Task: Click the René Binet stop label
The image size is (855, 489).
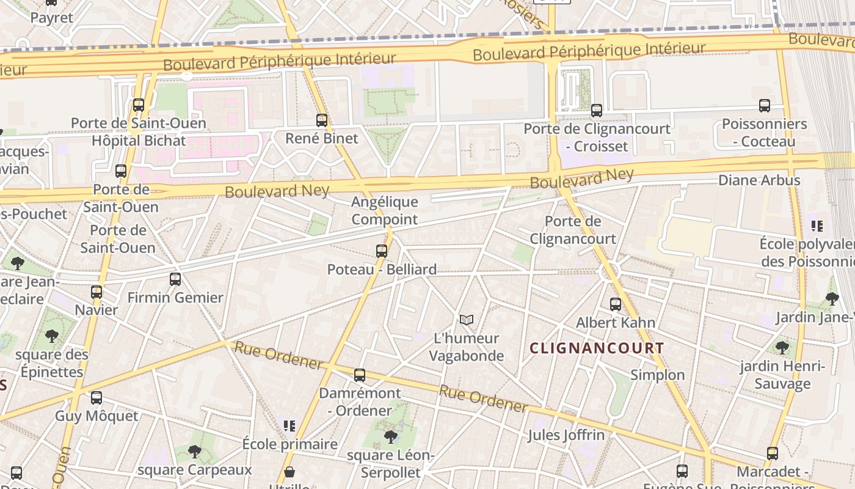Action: click(322, 138)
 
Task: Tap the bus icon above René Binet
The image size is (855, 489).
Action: click(322, 120)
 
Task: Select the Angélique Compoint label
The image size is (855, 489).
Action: click(385, 210)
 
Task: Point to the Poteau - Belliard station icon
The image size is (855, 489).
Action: click(382, 251)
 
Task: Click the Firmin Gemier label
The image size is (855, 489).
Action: click(175, 298)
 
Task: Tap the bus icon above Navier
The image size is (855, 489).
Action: click(96, 292)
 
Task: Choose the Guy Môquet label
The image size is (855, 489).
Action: click(96, 416)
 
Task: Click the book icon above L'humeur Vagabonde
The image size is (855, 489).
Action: click(467, 320)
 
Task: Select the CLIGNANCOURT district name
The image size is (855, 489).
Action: click(597, 348)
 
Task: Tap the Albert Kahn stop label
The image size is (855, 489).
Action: click(616, 322)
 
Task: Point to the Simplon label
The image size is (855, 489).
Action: click(657, 375)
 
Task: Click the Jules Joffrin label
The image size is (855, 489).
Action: click(566, 435)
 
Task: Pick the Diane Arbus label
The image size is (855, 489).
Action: click(759, 180)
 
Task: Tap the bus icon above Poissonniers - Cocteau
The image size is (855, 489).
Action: click(765, 106)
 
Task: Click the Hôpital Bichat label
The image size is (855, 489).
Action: click(138, 141)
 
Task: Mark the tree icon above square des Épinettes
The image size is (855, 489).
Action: click(52, 336)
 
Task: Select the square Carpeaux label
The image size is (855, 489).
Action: click(195, 469)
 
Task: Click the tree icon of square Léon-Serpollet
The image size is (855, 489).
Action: click(390, 437)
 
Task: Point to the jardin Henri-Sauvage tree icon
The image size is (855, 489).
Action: click(782, 348)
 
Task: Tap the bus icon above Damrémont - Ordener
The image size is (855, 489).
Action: click(360, 375)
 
